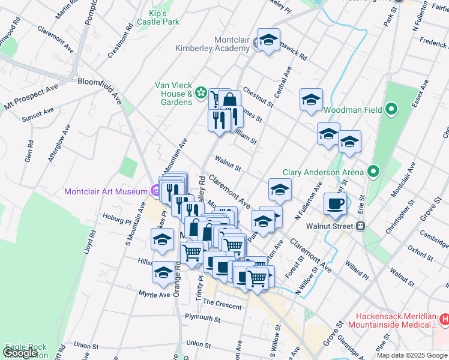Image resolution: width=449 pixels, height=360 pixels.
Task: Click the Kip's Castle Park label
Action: tap(158, 17)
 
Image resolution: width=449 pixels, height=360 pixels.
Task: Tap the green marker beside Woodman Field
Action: tap(391, 110)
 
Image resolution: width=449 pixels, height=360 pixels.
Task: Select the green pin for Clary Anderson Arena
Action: tap(373, 172)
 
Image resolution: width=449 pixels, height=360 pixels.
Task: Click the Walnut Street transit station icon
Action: tap(361, 227)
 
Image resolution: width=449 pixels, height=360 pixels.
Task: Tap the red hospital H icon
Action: tap(444, 320)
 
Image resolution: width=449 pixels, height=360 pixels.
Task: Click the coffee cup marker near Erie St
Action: tap(335, 203)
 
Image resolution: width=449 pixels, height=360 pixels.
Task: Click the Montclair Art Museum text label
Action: tap(106, 191)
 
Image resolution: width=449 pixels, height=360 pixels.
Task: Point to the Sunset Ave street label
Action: tap(38, 114)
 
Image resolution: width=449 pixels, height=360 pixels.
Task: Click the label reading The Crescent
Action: tap(222, 305)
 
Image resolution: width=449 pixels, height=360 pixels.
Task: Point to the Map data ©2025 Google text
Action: tap(411, 355)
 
